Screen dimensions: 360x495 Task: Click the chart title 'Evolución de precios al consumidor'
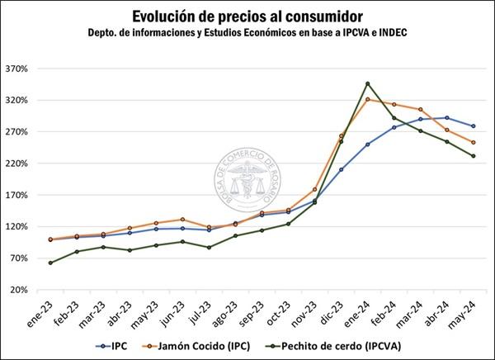click(x=247, y=16)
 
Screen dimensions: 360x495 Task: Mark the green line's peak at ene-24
click(x=367, y=83)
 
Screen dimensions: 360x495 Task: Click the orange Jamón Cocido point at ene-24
click(x=367, y=100)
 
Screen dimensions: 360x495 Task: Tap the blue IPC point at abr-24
click(x=446, y=117)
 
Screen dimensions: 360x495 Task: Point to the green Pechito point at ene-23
click(x=50, y=263)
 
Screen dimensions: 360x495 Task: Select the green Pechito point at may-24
click(x=473, y=156)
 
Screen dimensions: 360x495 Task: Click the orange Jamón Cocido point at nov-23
click(x=314, y=190)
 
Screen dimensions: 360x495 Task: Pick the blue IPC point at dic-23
click(x=341, y=169)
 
